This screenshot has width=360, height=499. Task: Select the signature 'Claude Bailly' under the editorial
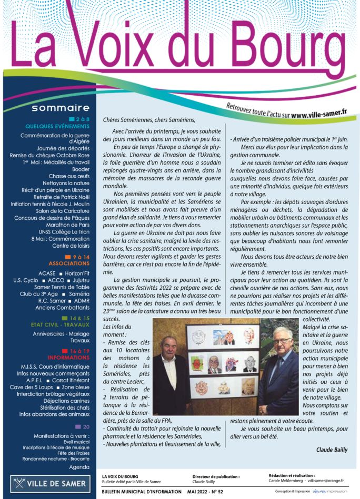[332, 450]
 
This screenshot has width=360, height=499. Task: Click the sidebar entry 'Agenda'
[79, 467]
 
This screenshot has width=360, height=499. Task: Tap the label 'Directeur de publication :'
[216, 476]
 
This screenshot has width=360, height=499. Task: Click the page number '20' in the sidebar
[86, 426]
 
